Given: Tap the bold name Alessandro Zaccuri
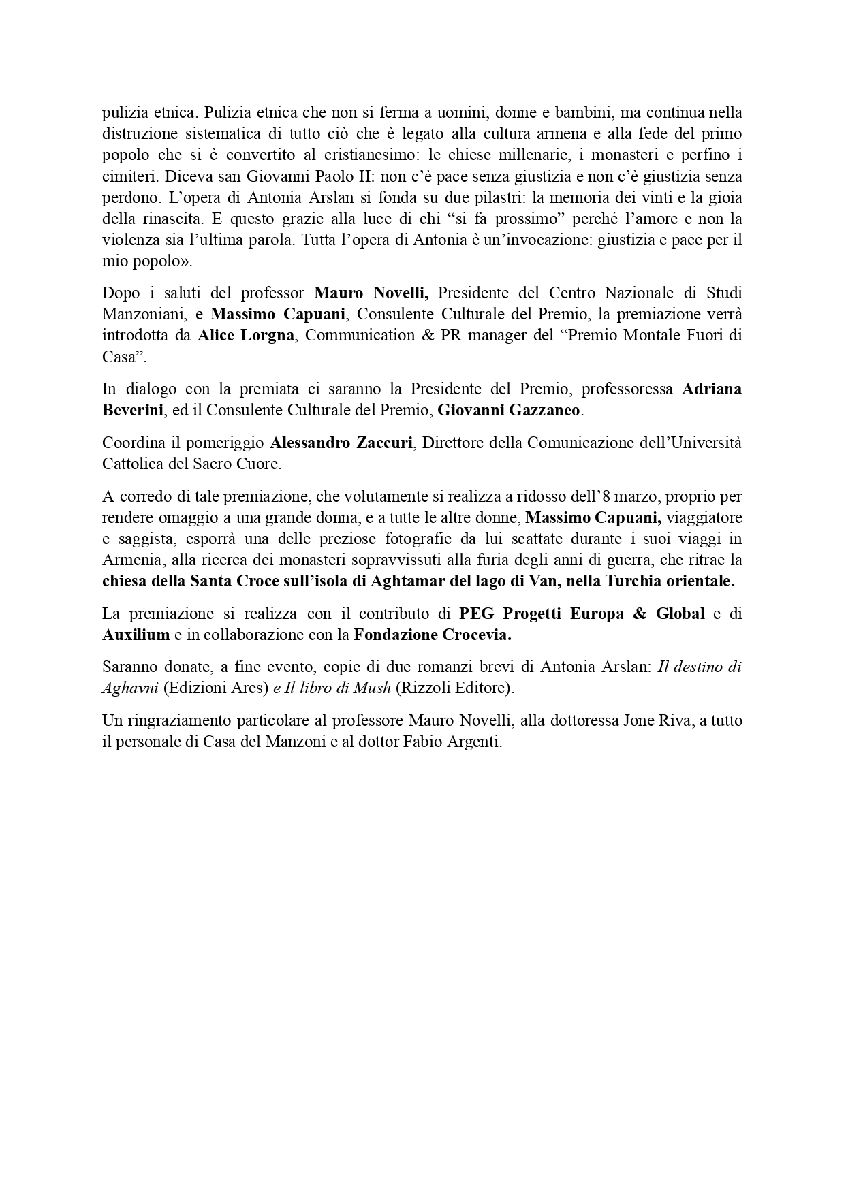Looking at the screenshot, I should coord(341,443).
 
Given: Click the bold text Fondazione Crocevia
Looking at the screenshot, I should coord(432,635).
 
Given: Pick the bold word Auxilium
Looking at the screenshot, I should coord(136,635).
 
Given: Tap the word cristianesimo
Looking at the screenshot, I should coord(366,155).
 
